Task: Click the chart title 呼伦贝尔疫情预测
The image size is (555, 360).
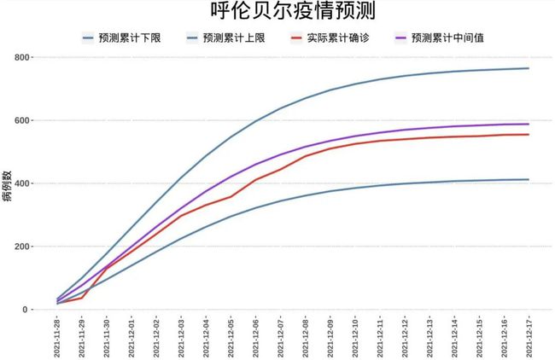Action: [278, 12]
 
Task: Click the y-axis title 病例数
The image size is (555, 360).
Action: [8, 183]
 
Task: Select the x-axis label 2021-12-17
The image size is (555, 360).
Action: [529, 337]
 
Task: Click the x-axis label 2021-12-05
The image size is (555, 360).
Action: [231, 337]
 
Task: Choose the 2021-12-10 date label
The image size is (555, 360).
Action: [355, 337]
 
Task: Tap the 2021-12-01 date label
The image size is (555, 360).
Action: [131, 337]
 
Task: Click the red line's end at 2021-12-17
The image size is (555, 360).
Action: [529, 134]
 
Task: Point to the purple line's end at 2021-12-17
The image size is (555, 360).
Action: [529, 125]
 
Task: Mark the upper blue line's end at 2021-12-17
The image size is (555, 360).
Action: [529, 68]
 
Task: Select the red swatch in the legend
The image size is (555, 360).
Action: [296, 38]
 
